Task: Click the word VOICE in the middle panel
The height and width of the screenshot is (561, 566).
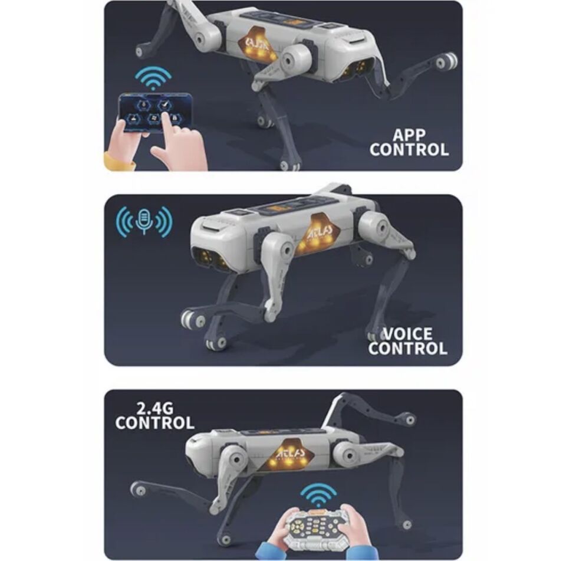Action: click(x=407, y=334)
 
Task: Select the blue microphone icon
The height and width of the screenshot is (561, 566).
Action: click(x=144, y=221)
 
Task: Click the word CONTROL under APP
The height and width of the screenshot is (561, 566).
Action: click(x=409, y=149)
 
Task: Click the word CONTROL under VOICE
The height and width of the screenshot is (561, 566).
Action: click(x=407, y=348)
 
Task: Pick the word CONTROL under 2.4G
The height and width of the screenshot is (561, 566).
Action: click(x=154, y=423)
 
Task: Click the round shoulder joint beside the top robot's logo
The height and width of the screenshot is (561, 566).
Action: click(x=294, y=58)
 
